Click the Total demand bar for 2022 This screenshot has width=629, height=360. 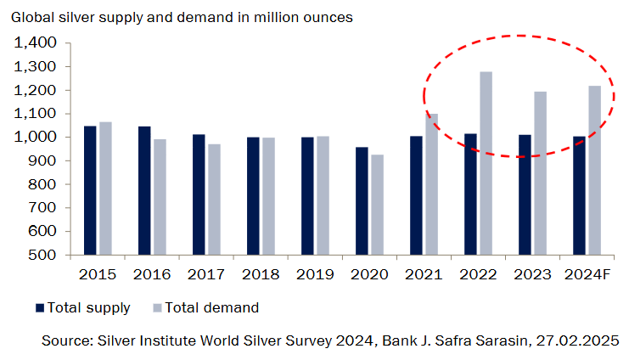tap(486, 163)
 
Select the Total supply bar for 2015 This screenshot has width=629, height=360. tap(90, 190)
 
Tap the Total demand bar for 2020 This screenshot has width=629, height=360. tap(376, 205)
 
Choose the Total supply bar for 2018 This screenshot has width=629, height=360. tap(253, 196)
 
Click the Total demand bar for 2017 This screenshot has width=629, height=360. tap(214, 200)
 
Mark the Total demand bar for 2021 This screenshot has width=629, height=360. tap(430, 184)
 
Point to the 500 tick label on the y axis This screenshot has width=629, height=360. tap(44, 255)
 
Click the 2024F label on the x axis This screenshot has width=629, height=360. tap(587, 274)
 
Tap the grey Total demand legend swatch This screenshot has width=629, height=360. tap(156, 307)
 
